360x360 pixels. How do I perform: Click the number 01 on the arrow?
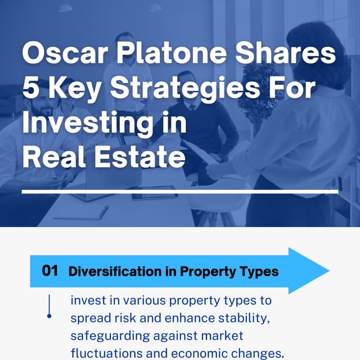pos(50,271)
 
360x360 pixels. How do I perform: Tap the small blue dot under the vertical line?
pos(49,316)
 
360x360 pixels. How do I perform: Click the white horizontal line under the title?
pos(180,192)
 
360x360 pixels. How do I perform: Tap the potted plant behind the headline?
pos(259,90)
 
